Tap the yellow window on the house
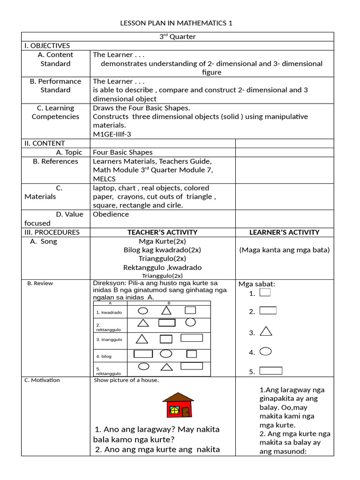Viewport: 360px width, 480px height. pyautogui.click(x=174, y=410)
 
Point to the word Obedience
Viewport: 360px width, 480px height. pyautogui.click(x=111, y=214)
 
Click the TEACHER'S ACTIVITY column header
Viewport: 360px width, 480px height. pyautogui.click(x=162, y=232)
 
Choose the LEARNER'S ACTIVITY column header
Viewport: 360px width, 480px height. pyautogui.click(x=284, y=232)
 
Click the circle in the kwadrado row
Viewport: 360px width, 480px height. pyautogui.click(x=143, y=311)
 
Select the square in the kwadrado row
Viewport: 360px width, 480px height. pyautogui.click(x=190, y=310)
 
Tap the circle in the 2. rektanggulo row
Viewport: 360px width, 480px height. pyautogui.click(x=190, y=322)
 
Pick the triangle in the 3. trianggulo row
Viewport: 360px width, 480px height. pyautogui.click(x=142, y=338)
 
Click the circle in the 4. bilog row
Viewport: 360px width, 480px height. pyautogui.click(x=166, y=354)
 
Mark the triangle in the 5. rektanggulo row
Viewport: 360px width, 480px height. pyautogui.click(x=166, y=367)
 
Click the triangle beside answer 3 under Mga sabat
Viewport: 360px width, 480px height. pyautogui.click(x=266, y=331)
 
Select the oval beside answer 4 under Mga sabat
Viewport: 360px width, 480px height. pyautogui.click(x=265, y=351)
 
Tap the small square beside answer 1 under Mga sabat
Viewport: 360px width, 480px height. pyautogui.click(x=265, y=292)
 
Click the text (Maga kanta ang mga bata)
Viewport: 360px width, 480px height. pyautogui.click(x=284, y=250)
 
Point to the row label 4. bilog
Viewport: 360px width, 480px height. pyautogui.click(x=104, y=356)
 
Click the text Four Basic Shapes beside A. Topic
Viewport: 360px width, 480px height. pyautogui.click(x=123, y=152)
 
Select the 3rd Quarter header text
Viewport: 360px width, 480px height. pyautogui.click(x=178, y=37)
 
